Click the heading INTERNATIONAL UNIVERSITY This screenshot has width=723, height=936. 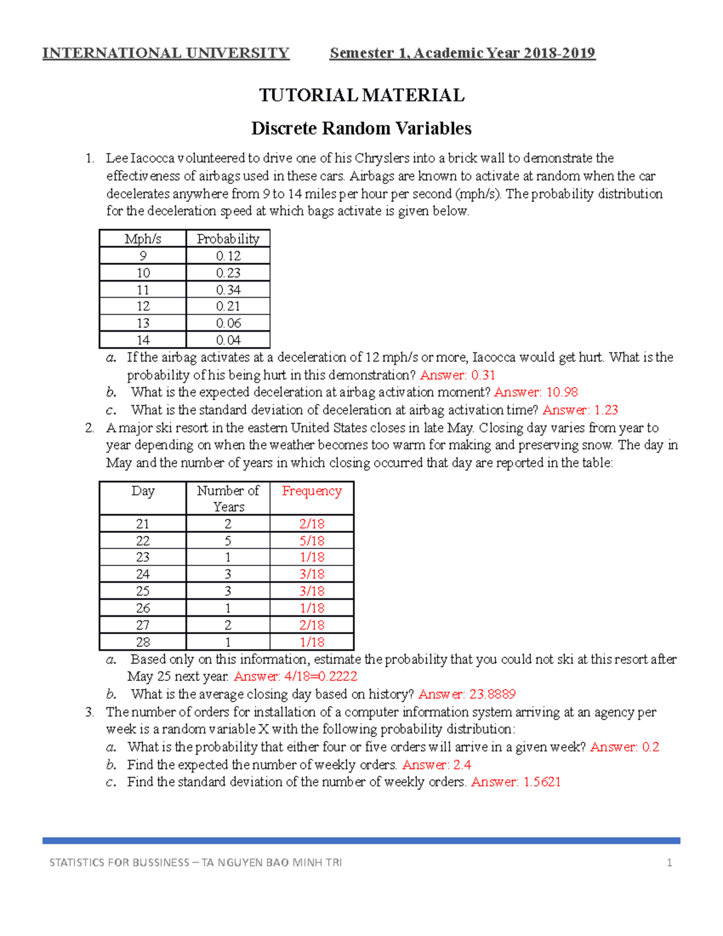click(166, 53)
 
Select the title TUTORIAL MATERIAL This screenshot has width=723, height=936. click(361, 95)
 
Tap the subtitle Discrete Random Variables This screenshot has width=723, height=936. click(361, 128)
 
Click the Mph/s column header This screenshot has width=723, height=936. click(143, 239)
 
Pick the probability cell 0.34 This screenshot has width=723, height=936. click(228, 290)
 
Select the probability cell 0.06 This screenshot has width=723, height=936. click(228, 323)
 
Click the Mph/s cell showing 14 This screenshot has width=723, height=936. click(143, 340)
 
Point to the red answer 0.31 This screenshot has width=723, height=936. click(457, 375)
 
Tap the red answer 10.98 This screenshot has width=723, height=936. click(536, 392)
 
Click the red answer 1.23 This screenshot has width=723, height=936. click(580, 410)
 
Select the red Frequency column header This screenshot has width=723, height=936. click(311, 491)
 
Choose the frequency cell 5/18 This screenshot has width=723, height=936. click(311, 541)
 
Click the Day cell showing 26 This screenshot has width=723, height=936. click(143, 608)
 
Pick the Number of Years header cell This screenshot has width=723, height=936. click(228, 498)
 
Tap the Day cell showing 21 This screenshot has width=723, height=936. click(143, 524)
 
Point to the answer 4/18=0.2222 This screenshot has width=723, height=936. click(295, 676)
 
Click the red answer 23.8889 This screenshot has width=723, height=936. click(467, 694)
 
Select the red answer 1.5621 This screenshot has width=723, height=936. click(516, 782)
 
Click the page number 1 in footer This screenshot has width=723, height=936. click(669, 862)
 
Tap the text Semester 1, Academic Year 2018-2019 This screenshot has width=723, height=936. click(462, 53)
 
